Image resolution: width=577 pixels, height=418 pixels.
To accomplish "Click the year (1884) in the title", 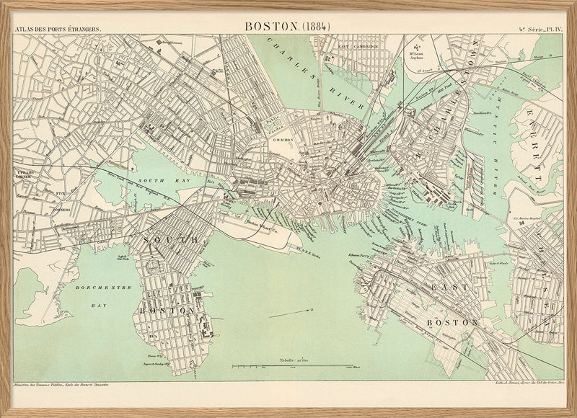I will pos(315,25).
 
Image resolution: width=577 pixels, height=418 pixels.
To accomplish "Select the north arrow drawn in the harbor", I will pos(291,312).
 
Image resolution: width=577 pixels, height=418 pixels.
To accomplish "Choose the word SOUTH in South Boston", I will pos(171,239).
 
